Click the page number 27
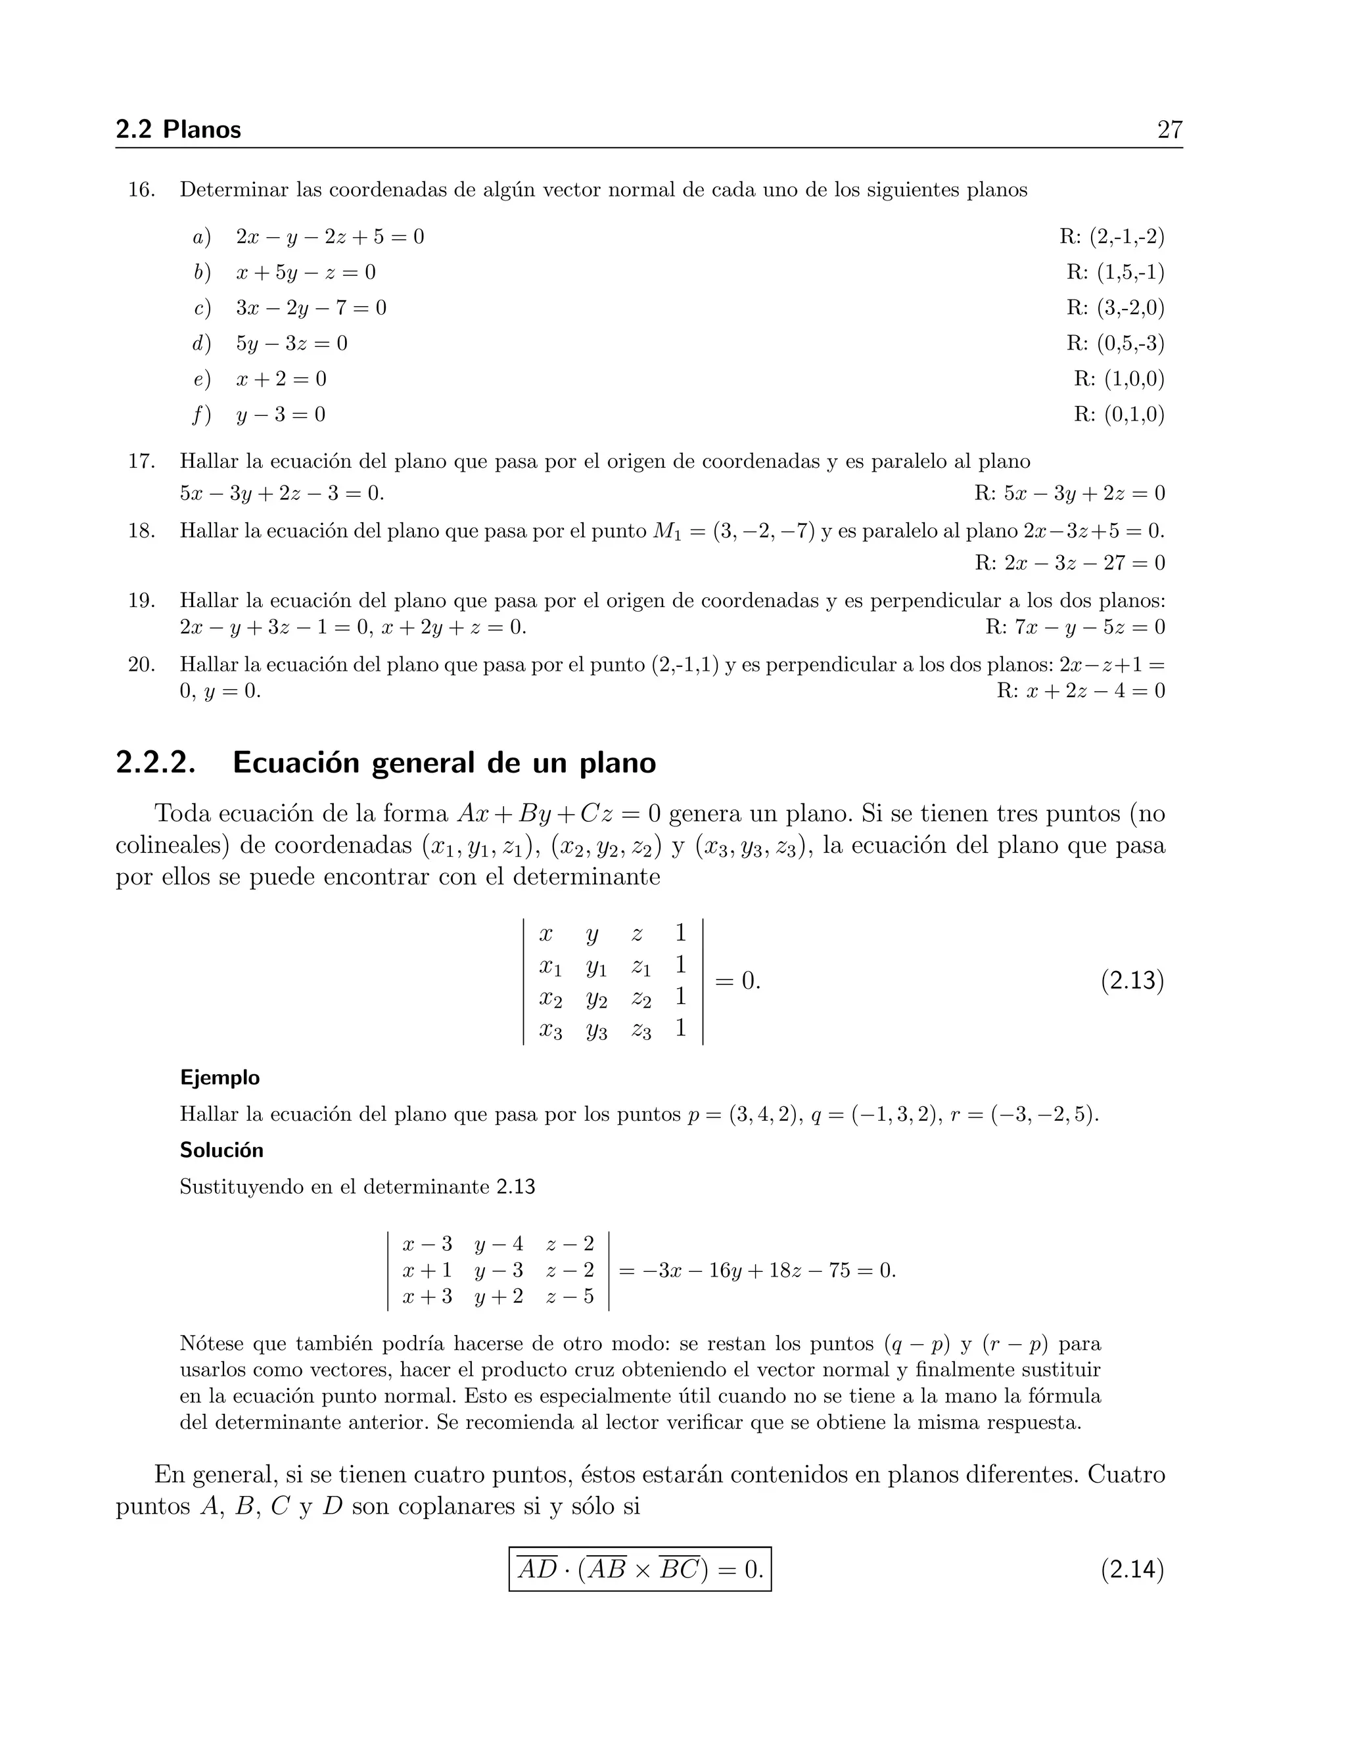click(x=1169, y=129)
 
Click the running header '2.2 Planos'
click(x=179, y=129)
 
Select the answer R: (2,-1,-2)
click(x=1111, y=237)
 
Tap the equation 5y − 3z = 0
click(x=292, y=344)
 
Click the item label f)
click(x=202, y=415)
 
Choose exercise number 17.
click(x=141, y=462)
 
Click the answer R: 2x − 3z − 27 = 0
click(x=1069, y=564)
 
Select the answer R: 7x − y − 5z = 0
click(x=1075, y=627)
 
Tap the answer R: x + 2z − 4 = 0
click(x=1080, y=690)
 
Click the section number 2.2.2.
click(x=156, y=763)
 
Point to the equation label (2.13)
click(x=1132, y=980)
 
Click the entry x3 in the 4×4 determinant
click(x=550, y=1030)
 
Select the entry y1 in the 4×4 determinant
click(x=595, y=967)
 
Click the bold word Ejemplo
click(x=220, y=1077)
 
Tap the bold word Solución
click(x=221, y=1150)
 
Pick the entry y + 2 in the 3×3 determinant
click(x=498, y=1297)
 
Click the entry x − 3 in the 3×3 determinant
click(x=427, y=1244)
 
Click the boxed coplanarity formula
click(x=640, y=1570)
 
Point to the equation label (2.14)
click(x=1132, y=1570)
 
